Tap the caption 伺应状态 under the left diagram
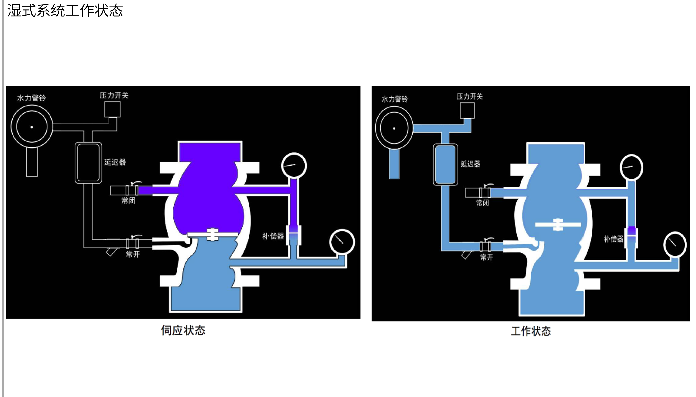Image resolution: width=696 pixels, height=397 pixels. pyautogui.click(x=183, y=330)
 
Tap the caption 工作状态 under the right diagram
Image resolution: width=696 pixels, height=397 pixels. pyautogui.click(x=531, y=331)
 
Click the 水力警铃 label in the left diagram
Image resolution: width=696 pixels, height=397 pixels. pyautogui.click(x=31, y=98)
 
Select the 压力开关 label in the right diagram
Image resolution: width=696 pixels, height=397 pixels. pyautogui.click(x=470, y=96)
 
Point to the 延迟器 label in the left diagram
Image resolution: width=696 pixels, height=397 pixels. pyautogui.click(x=115, y=162)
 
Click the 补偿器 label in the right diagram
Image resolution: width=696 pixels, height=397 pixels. pyautogui.click(x=613, y=239)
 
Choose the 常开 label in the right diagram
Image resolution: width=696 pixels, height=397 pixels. pyautogui.click(x=487, y=257)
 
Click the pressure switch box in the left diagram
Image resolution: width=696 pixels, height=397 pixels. pyautogui.click(x=112, y=109)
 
